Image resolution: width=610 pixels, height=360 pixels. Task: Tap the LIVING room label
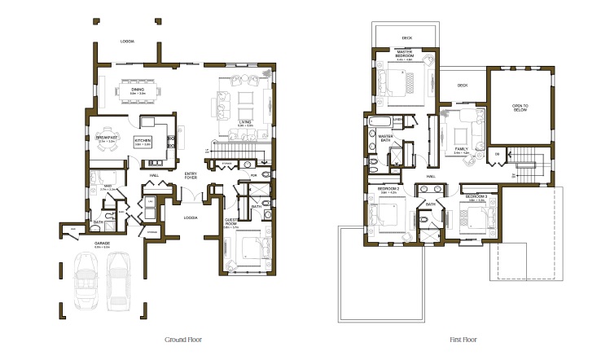point(245,122)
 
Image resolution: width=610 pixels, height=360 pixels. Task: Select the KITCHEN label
point(143,141)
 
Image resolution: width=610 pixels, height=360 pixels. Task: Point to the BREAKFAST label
point(108,138)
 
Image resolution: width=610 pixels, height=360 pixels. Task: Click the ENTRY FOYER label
point(191,175)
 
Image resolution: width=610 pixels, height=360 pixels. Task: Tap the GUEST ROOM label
point(231,221)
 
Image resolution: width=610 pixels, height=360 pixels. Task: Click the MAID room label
point(108,186)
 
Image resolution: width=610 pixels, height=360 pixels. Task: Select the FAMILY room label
point(462,149)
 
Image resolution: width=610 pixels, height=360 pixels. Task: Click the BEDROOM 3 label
point(476,196)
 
